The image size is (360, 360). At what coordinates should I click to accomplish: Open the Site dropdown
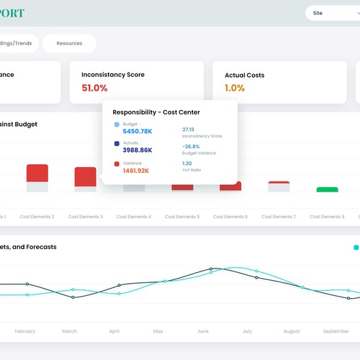coord(332,13)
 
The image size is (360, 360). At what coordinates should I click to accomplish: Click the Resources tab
coord(69,43)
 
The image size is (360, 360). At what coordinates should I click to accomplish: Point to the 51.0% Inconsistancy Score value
coord(94,88)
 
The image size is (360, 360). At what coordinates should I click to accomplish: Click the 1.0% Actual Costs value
coord(235,88)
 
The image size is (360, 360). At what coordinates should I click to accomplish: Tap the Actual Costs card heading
coord(245,74)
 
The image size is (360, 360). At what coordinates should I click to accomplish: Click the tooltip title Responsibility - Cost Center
coord(156,112)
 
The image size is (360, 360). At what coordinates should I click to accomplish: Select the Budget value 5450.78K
coord(138,131)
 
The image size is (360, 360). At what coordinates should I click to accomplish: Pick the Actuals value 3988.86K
coord(138,150)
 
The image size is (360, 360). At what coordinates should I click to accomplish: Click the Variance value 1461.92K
coord(136,171)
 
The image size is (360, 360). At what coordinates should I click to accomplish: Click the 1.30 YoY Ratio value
coord(186,163)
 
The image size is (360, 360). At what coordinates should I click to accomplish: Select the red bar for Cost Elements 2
coord(37,173)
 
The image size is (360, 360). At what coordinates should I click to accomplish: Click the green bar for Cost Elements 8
coord(327,189)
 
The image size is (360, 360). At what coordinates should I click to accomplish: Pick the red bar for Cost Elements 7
coord(279,184)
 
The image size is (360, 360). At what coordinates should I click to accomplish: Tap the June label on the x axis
coord(202,331)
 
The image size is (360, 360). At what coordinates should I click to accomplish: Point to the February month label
coord(24,331)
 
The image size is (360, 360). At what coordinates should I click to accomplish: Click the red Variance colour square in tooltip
coord(117,163)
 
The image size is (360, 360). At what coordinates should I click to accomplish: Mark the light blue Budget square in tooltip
coord(117,125)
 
